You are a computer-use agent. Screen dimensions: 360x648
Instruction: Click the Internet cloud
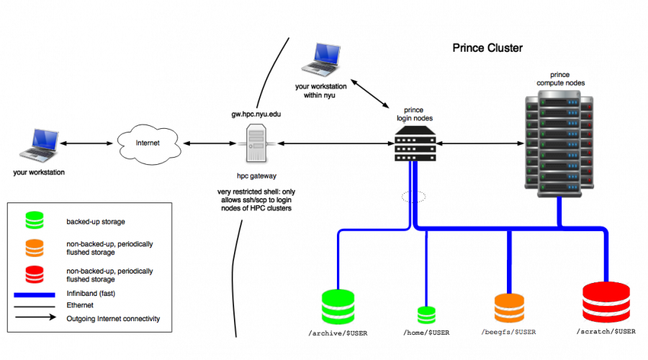148,144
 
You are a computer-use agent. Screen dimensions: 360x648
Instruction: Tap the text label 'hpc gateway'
257,176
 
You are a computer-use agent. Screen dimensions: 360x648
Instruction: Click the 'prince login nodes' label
415,114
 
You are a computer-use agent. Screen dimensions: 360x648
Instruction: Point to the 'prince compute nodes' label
561,79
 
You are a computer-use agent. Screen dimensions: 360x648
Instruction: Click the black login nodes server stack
415,143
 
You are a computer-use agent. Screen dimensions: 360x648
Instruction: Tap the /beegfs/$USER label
509,332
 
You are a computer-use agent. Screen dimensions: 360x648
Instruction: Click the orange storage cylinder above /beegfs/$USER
509,307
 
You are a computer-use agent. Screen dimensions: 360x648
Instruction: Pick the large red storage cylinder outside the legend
606,302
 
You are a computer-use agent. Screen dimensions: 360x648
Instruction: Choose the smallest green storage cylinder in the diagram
426,315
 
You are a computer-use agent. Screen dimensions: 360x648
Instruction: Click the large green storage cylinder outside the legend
338,306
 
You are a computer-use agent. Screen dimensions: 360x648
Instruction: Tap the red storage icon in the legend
35,274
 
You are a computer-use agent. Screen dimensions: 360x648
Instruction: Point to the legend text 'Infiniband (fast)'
91,294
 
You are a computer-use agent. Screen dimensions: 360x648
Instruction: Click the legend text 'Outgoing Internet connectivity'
113,318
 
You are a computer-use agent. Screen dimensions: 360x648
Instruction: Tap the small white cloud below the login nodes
413,197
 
